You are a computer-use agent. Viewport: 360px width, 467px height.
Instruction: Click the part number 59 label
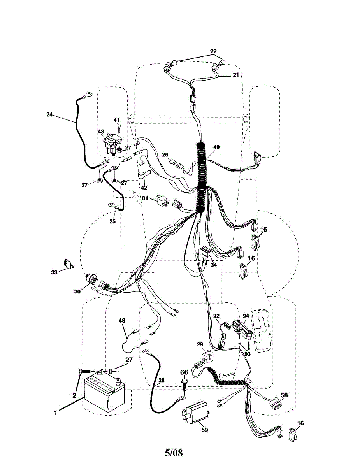pyautogui.click(x=205, y=430)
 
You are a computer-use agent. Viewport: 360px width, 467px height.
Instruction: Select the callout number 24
pyautogui.click(x=49, y=114)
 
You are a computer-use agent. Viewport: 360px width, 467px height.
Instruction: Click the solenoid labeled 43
pyautogui.click(x=112, y=144)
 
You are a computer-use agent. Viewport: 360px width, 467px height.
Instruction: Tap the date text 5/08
pyautogui.click(x=174, y=453)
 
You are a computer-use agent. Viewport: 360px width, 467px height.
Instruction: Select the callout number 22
pyautogui.click(x=213, y=51)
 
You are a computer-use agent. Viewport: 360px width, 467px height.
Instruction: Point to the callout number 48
pyautogui.click(x=122, y=321)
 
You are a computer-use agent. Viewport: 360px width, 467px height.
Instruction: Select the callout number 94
pyautogui.click(x=246, y=316)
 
